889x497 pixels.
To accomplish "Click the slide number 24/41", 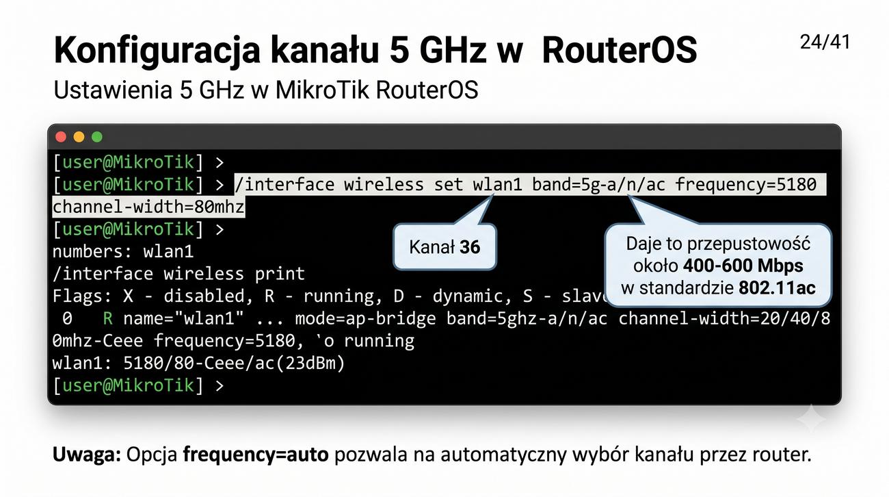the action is click(825, 42).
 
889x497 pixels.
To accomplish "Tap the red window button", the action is click(61, 137).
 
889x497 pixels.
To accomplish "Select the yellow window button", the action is click(79, 137).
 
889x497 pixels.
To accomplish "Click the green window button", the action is click(97, 137).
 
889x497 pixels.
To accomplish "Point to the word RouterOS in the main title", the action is click(619, 50).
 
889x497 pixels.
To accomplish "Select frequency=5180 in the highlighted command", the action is click(745, 185).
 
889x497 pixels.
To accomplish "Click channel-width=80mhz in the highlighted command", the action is click(148, 207).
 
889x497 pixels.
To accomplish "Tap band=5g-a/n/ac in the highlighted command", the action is click(598, 185).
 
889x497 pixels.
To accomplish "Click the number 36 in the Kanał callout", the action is click(470, 247).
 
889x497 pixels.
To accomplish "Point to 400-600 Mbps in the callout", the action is click(743, 266).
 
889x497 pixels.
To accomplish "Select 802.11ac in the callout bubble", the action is click(777, 288).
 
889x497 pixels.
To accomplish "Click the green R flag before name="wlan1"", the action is click(107, 318).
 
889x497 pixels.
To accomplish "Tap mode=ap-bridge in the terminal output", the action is click(365, 318).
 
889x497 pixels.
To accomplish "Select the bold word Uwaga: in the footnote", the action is click(87, 455).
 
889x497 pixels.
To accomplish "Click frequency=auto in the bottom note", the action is click(256, 455).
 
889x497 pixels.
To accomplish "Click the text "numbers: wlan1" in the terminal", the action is click(123, 252).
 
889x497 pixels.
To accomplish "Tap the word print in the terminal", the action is click(280, 274).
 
